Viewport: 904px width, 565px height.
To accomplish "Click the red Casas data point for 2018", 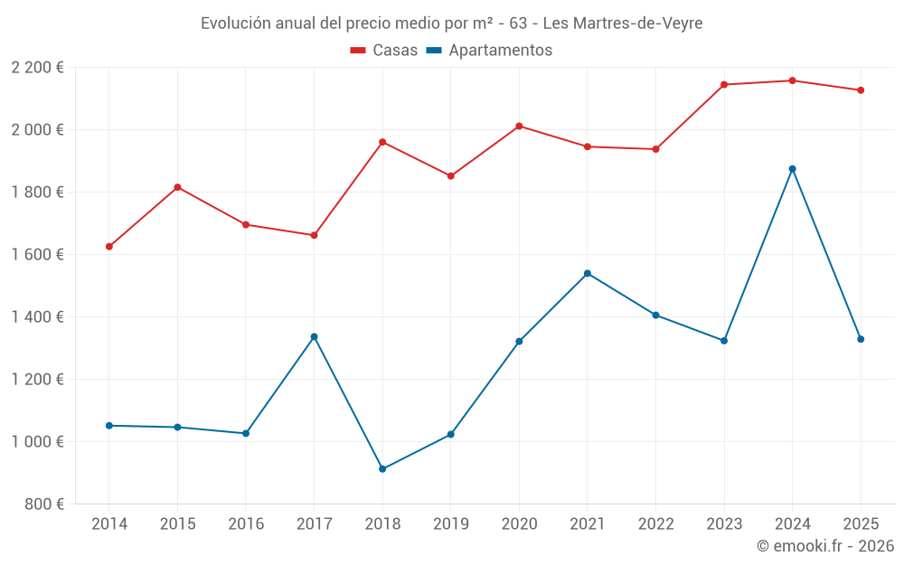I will pyautogui.click(x=382, y=142).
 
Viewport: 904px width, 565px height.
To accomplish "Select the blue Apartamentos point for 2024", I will pyautogui.click(x=792, y=169).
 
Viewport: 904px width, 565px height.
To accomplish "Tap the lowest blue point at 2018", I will pyautogui.click(x=382, y=469).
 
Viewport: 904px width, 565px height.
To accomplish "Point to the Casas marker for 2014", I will pyautogui.click(x=109, y=247).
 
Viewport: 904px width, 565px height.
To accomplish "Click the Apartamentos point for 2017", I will pyautogui.click(x=314, y=337).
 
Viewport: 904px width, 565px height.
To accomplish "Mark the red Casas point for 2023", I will pyautogui.click(x=724, y=85).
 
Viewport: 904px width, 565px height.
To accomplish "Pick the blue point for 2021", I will pyautogui.click(x=588, y=274).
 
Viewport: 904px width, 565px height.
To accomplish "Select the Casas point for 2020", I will pyautogui.click(x=519, y=127).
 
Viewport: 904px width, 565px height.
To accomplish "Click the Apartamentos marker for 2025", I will pyautogui.click(x=861, y=339).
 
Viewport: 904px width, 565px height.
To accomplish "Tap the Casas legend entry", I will pyautogui.click(x=384, y=51).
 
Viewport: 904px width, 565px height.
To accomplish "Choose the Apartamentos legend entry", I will pyautogui.click(x=488, y=51).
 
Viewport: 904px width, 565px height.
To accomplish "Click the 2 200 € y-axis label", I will pyautogui.click(x=37, y=68).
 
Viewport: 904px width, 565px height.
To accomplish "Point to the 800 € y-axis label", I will pyautogui.click(x=42, y=504).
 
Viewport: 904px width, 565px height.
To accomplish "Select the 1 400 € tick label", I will pyautogui.click(x=37, y=317).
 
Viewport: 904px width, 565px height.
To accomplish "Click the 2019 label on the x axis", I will pyautogui.click(x=450, y=524).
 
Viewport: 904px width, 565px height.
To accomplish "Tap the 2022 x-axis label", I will pyautogui.click(x=655, y=524).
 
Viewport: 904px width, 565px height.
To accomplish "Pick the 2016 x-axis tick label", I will pyautogui.click(x=246, y=524).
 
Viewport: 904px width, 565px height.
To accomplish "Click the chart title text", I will pyautogui.click(x=451, y=24).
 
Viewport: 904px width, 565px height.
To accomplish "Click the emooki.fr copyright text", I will pyautogui.click(x=824, y=546).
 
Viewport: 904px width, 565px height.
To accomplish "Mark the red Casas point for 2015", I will pyautogui.click(x=177, y=187).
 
